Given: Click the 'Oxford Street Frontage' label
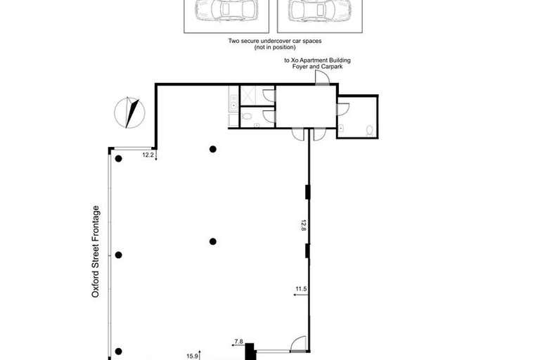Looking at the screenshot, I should [96, 251].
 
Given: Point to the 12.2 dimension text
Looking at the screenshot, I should [148, 155].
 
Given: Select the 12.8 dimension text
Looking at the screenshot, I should [304, 226].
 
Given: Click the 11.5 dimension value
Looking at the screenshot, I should [302, 288].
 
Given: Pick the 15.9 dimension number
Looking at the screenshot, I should [191, 355].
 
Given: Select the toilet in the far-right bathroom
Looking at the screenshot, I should [369, 129].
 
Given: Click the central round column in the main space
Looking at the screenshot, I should [212, 241].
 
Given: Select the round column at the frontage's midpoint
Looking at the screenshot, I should [119, 255].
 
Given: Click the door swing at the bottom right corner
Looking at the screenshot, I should [298, 342].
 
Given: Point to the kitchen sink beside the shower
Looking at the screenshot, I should [233, 105].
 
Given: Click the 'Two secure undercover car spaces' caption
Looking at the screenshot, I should [274, 41].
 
